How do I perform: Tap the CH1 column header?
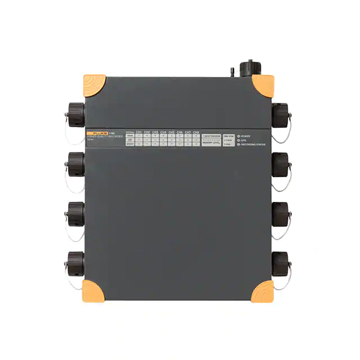click(x=138, y=132)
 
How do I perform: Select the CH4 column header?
click(x=163, y=132)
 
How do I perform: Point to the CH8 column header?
click(x=196, y=132)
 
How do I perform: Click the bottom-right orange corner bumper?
click(x=262, y=290)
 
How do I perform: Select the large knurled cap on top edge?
click(x=247, y=68)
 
